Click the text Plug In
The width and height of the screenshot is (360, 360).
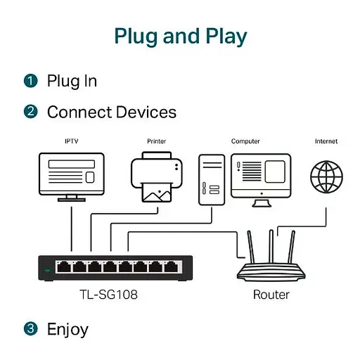72,81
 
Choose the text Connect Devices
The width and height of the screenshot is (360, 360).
111,112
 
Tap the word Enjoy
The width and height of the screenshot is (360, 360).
67,328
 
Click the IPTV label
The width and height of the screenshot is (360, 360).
71,141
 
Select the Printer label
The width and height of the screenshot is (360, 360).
156,141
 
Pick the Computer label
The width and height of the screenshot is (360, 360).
245,141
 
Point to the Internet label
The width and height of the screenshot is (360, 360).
326,141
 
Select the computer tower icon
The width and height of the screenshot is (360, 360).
212,179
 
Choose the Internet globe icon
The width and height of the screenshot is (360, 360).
326,175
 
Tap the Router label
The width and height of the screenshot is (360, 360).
271,295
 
